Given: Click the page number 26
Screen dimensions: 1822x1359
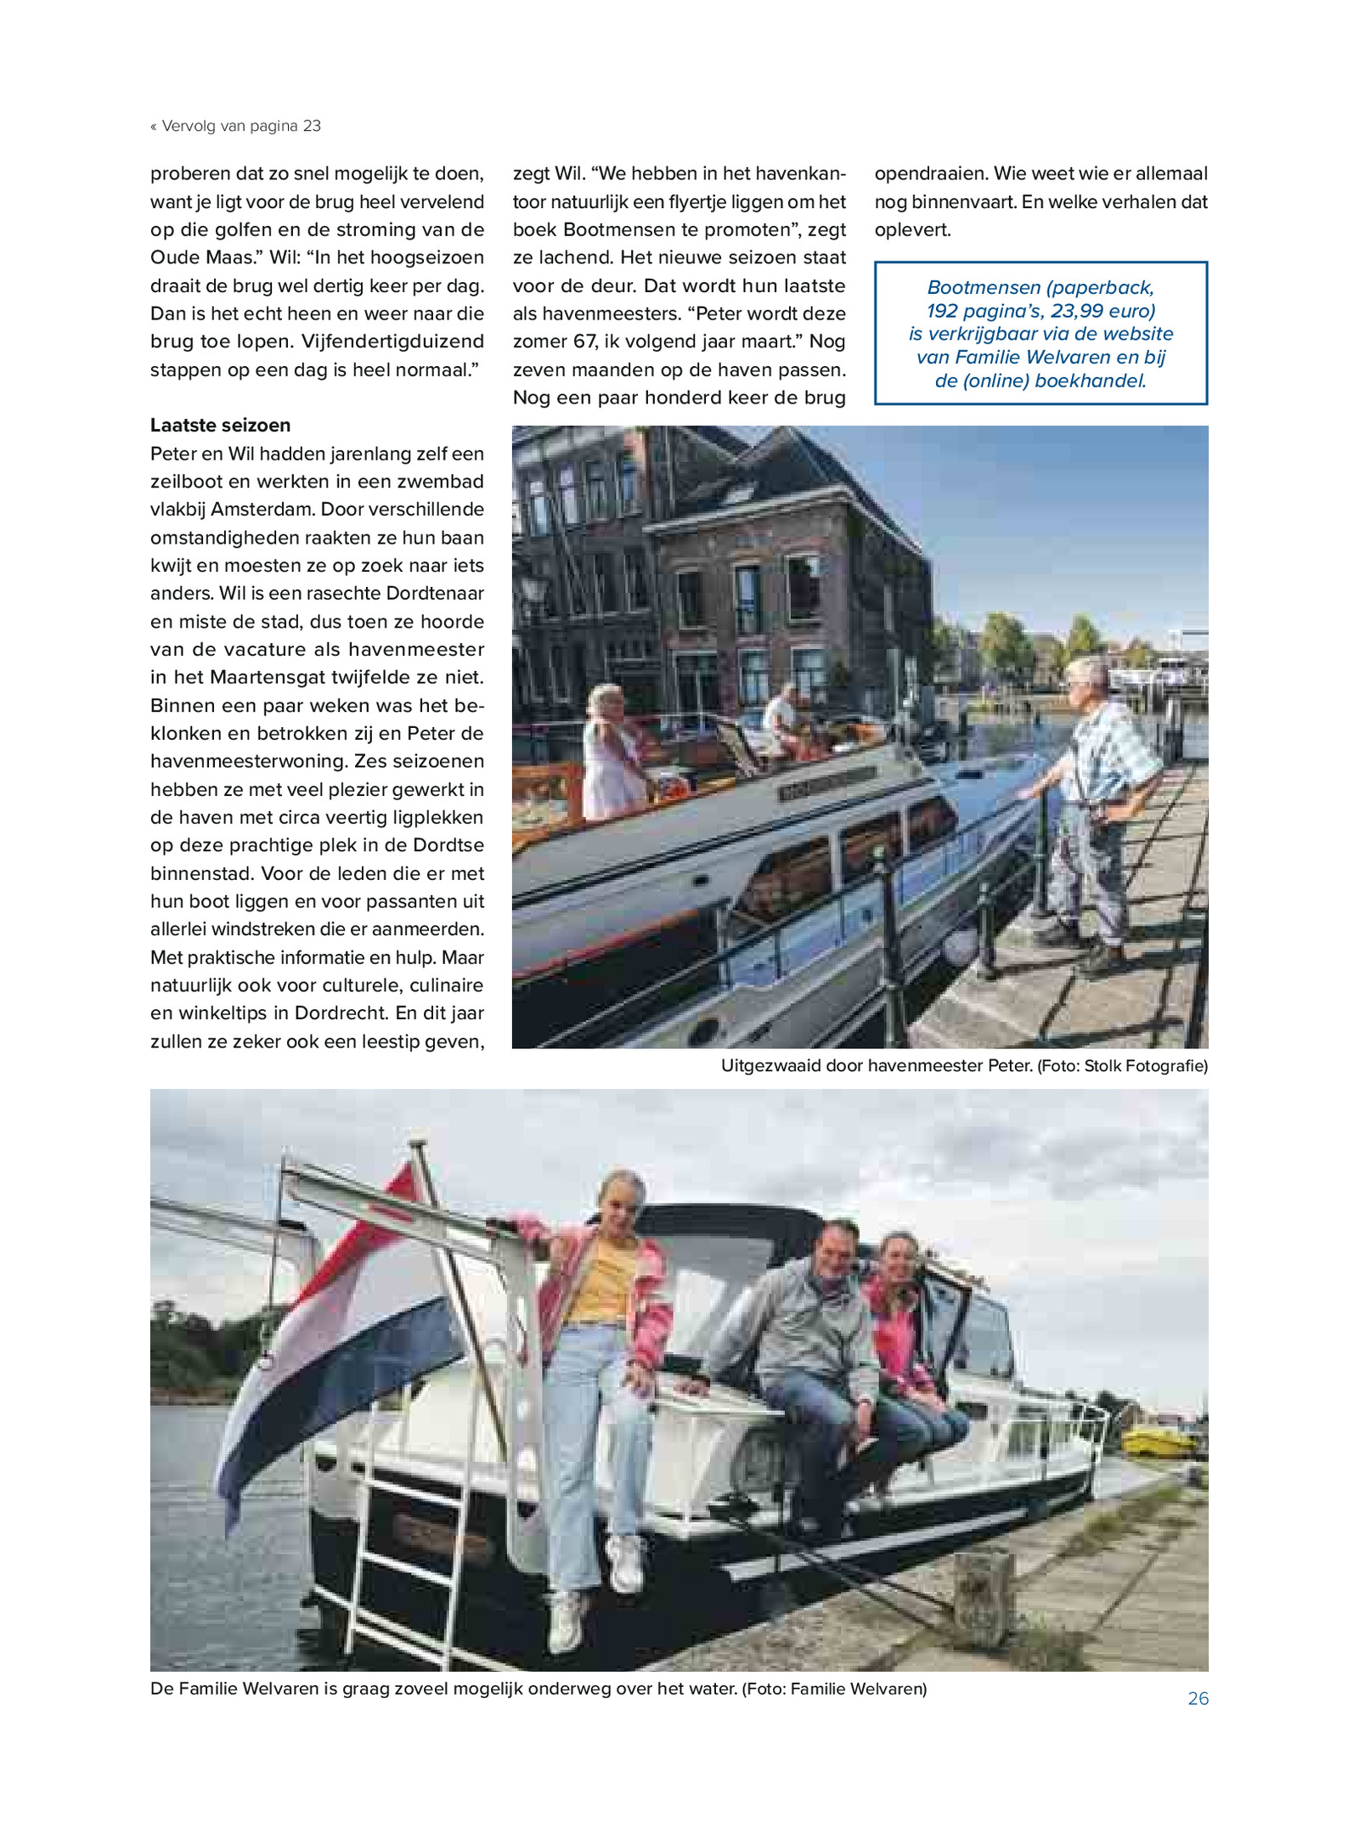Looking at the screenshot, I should pos(1198,1699).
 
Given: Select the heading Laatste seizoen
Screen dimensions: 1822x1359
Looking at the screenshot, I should pos(220,426).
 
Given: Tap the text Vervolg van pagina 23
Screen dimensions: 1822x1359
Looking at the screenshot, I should pos(240,127).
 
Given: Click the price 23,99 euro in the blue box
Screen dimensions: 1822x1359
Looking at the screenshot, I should pos(1102,311).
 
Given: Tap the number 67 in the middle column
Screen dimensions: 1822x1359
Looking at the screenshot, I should pos(584,341).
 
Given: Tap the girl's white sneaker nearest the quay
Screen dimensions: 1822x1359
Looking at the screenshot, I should pos(626,1563).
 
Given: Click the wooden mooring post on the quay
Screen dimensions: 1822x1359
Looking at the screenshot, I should pos(984,1601).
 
